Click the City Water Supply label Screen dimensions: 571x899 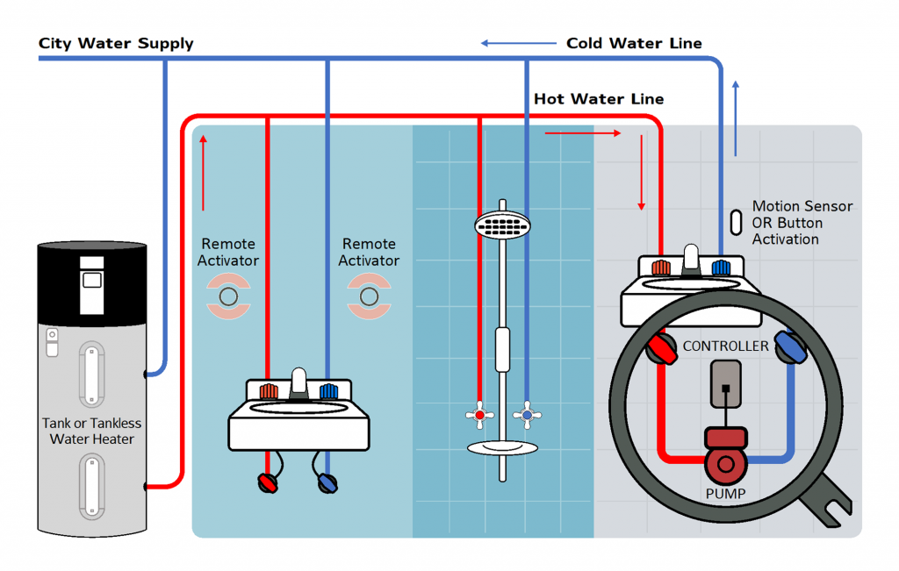116,43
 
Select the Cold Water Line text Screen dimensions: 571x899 633,43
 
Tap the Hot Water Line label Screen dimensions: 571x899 599,99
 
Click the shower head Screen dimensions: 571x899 502,225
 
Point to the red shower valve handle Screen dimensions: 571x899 478,414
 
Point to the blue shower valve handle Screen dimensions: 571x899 527,414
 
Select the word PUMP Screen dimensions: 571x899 725,494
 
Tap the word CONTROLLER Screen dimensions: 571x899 725,346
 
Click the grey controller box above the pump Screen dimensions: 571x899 725,384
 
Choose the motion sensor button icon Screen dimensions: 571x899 737,222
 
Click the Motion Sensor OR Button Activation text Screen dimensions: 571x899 801,223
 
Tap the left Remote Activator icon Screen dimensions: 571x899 228,296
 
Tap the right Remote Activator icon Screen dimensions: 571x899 369,296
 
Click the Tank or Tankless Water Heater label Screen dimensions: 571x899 91,431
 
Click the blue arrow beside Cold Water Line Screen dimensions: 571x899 518,42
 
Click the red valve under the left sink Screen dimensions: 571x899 267,482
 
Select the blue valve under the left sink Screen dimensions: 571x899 327,482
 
